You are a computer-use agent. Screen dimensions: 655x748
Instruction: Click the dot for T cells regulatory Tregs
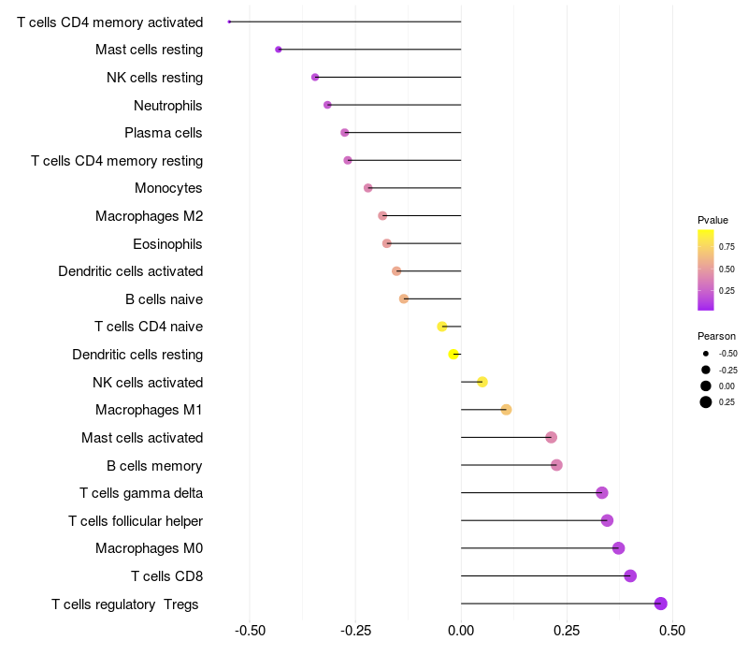pyautogui.click(x=661, y=604)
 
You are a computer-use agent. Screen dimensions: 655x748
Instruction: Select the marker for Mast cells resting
pyautogui.click(x=279, y=50)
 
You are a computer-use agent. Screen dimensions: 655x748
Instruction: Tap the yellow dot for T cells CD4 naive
pyautogui.click(x=442, y=327)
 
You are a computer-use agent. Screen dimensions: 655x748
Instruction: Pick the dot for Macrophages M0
pyautogui.click(x=618, y=548)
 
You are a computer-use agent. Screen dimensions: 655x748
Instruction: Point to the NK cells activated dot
pyautogui.click(x=482, y=382)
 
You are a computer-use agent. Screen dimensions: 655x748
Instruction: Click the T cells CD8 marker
pyautogui.click(x=630, y=575)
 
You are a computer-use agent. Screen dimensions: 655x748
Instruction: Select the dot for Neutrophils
pyautogui.click(x=327, y=105)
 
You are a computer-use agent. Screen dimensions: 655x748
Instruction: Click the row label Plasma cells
pyautogui.click(x=164, y=133)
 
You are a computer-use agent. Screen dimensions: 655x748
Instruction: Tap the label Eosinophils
pyautogui.click(x=168, y=244)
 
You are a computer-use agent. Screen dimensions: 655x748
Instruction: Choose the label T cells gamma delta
pyautogui.click(x=141, y=493)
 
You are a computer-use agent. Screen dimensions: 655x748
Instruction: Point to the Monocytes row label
pyautogui.click(x=168, y=188)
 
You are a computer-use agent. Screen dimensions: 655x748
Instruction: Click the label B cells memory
pyautogui.click(x=155, y=465)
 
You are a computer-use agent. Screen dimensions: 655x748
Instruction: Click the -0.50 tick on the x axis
pyautogui.click(x=251, y=632)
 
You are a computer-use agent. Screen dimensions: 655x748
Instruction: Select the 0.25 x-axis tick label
pyautogui.click(x=567, y=632)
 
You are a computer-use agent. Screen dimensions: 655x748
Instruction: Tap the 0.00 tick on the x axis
pyautogui.click(x=461, y=632)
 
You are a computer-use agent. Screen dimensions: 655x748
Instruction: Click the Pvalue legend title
pyautogui.click(x=712, y=220)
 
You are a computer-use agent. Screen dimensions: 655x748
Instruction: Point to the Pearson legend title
pyautogui.click(x=716, y=336)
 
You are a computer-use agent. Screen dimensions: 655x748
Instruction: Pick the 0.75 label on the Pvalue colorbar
pyautogui.click(x=726, y=247)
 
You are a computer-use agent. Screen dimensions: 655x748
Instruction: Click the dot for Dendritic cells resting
pyautogui.click(x=453, y=355)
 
